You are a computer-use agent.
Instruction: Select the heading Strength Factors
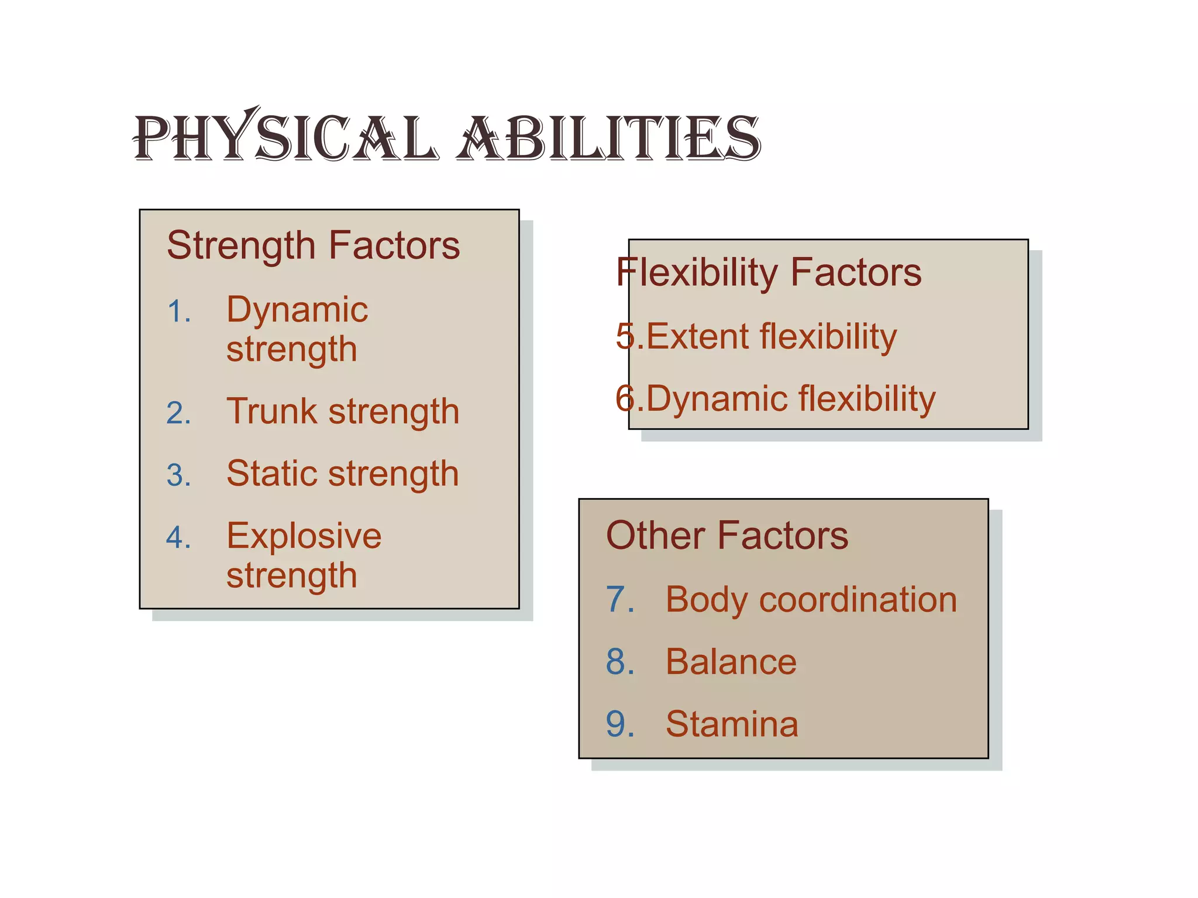[x=314, y=246]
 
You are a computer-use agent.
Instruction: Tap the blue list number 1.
[x=178, y=311]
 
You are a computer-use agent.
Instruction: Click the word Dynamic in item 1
[x=297, y=310]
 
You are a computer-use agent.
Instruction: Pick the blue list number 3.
[x=178, y=475]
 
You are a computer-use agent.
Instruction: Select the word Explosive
[x=304, y=537]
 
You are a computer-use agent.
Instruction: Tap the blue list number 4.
[x=178, y=537]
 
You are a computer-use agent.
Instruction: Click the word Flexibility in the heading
[x=696, y=273]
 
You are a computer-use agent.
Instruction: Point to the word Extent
[x=697, y=337]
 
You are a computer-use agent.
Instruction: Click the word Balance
[x=731, y=662]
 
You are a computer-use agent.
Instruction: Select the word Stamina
[x=732, y=724]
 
